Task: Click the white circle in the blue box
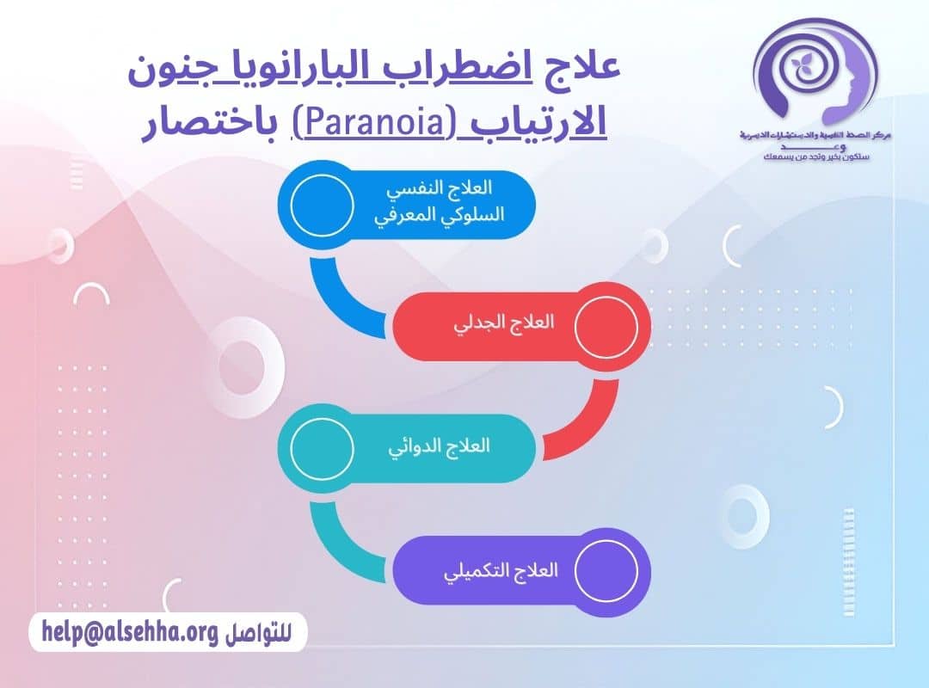point(322,204)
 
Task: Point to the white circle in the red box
point(606,325)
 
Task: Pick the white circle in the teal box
point(322,446)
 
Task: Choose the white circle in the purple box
point(606,570)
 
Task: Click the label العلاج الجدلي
point(504,324)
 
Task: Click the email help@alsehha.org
point(125,633)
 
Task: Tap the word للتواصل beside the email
point(257,634)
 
